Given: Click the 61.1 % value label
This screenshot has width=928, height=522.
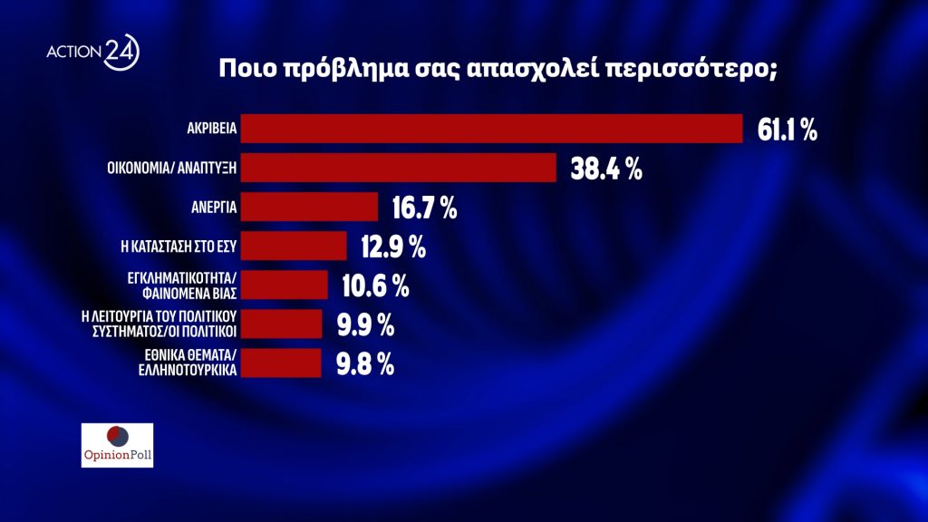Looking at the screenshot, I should [x=787, y=130].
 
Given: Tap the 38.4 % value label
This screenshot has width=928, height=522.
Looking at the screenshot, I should [x=606, y=169].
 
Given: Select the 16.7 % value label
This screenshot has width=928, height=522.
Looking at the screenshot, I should [x=424, y=208].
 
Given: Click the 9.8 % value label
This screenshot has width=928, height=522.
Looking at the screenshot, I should [x=363, y=363].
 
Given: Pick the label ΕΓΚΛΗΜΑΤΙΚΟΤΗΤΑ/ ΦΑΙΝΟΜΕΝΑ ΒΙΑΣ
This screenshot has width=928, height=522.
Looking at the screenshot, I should [x=180, y=285].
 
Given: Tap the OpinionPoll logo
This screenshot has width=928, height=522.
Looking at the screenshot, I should [x=117, y=445].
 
